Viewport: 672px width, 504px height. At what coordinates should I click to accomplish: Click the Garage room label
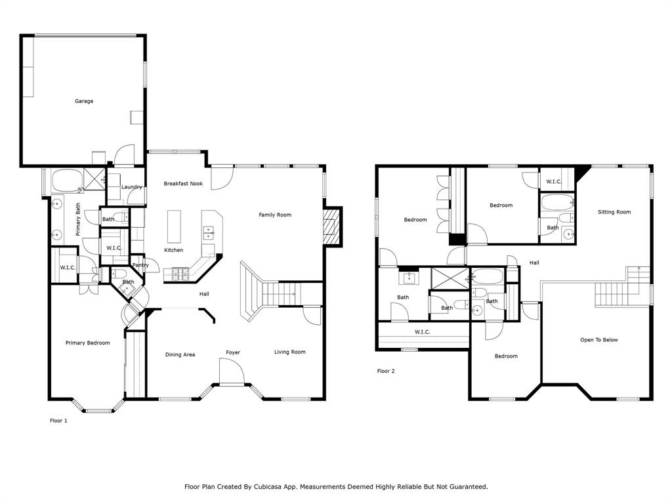tap(84, 101)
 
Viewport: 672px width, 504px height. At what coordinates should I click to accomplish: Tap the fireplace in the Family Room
tap(333, 226)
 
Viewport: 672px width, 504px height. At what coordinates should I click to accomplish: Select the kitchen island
tap(174, 226)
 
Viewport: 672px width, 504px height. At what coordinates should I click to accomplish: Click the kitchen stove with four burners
tap(180, 274)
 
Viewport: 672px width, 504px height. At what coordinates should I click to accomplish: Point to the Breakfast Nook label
tap(183, 184)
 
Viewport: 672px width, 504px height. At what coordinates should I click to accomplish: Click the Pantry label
tap(140, 265)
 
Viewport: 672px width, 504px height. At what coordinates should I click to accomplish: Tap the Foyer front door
tap(232, 375)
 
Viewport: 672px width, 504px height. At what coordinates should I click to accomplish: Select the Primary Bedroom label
tap(87, 343)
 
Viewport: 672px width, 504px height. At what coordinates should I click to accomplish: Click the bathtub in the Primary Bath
tap(67, 180)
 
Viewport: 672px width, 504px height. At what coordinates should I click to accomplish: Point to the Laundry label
tap(132, 187)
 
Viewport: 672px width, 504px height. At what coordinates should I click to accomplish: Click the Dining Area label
tap(180, 354)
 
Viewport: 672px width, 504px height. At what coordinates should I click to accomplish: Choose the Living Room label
tap(289, 352)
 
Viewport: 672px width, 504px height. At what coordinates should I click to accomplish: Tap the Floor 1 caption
tap(58, 421)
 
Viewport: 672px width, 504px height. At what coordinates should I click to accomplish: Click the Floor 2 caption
tap(386, 371)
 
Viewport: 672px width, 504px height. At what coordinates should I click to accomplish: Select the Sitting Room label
tap(614, 212)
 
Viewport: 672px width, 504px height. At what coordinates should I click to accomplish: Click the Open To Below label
tap(598, 340)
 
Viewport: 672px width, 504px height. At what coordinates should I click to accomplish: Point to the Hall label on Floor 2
tap(534, 262)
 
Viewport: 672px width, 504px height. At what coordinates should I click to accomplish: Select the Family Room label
tap(274, 215)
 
